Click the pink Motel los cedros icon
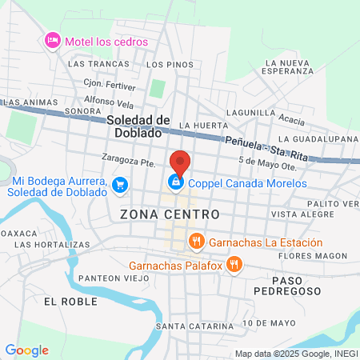point(53,41)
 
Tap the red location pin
point(180,162)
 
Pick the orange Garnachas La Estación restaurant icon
point(196,241)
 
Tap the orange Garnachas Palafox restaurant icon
point(234,263)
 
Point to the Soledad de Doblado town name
point(138,126)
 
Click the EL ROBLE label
point(70,302)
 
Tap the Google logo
point(26,350)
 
